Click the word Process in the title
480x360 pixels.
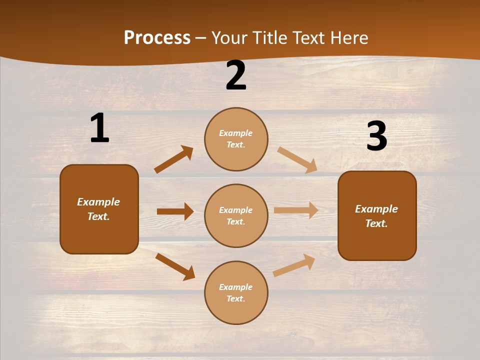[157, 37]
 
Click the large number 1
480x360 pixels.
[99, 128]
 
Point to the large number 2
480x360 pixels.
[236, 75]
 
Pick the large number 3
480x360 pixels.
[376, 136]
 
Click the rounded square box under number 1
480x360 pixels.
[99, 209]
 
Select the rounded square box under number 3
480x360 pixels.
[377, 215]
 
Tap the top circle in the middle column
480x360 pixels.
[236, 139]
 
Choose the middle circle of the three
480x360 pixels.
[236, 215]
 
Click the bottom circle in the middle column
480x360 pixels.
[236, 292]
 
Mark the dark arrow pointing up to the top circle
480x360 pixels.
[173, 159]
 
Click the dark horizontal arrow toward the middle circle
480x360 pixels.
[175, 211]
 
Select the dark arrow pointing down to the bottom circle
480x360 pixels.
[175, 266]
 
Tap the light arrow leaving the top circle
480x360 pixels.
[297, 159]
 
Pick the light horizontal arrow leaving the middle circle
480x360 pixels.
[295, 210]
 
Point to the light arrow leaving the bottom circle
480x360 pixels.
[294, 265]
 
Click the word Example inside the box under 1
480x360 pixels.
[98, 202]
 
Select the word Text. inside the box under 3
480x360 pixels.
[376, 223]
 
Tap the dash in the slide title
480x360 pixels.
[201, 38]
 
